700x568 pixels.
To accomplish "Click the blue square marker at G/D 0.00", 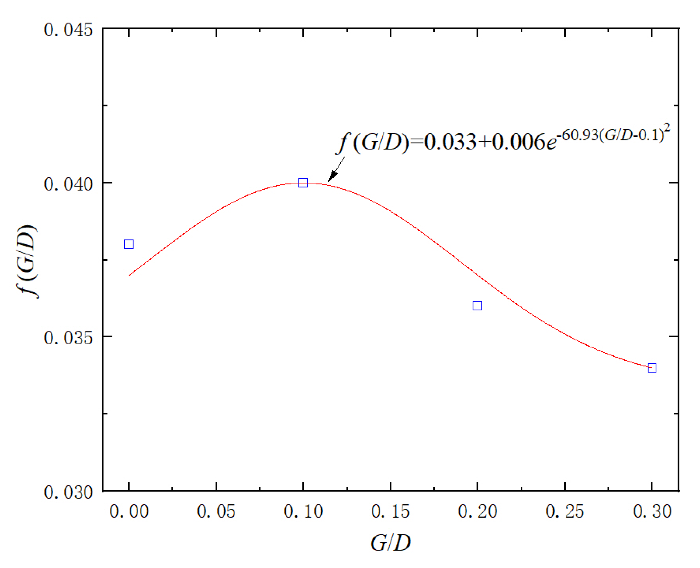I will coord(129,244).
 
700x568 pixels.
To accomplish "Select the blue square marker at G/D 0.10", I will coord(303,183).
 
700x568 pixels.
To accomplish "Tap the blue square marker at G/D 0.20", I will coord(477,306).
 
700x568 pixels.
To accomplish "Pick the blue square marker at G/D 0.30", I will coord(652,368).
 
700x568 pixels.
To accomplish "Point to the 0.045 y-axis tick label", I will coord(68,30).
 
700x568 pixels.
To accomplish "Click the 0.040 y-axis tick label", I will coord(68,184).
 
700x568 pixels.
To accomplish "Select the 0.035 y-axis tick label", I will coord(68,338).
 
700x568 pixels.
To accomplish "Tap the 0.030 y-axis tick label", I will coord(68,492).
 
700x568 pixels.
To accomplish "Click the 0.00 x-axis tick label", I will coord(129,512).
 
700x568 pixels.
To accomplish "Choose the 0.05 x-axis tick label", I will coord(216,512).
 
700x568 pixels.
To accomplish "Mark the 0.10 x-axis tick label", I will coord(303,512).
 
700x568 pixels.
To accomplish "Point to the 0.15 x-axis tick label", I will coord(390,512).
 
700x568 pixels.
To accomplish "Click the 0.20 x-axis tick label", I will coord(477,512).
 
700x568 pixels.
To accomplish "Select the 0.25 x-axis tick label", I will coord(565,512).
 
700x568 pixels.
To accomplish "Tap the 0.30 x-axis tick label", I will coord(652,512).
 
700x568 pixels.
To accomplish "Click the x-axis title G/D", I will coord(390,542).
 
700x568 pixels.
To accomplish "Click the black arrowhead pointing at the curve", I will coord(332,176).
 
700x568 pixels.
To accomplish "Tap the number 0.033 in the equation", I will coord(450,142).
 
